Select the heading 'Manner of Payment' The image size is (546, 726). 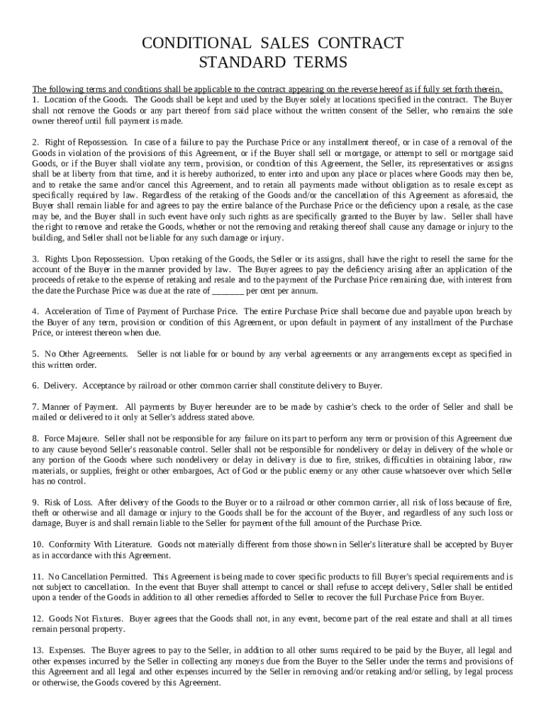pos(79,407)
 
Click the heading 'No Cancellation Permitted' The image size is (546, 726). pos(98,576)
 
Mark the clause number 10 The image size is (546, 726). pos(38,544)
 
